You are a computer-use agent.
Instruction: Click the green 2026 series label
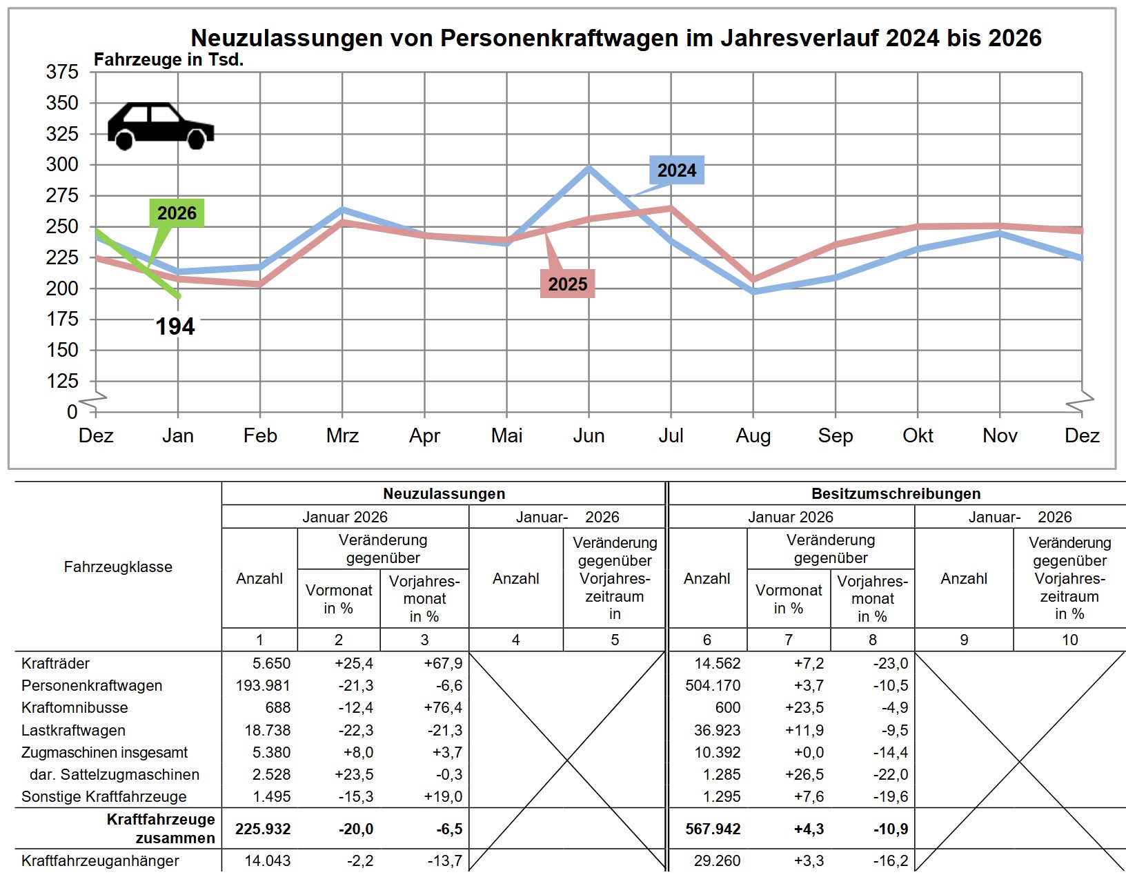177,213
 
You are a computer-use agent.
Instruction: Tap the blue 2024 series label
676,170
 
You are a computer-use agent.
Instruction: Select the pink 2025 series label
567,284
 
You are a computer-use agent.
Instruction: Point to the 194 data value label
175,326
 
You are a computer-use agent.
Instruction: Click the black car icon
161,126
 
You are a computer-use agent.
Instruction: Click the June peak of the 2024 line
589,168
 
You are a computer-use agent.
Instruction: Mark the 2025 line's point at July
671,208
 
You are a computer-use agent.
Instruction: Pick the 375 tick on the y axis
62,72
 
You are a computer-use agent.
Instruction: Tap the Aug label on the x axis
753,435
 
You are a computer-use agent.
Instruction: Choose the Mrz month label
342,435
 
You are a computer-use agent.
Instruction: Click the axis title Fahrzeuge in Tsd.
168,60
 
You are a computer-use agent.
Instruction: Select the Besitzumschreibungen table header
896,493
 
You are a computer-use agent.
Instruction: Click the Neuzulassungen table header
444,493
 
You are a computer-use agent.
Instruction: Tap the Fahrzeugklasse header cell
118,567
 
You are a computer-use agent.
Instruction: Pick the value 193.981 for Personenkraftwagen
263,685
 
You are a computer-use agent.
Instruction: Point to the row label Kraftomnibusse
75,707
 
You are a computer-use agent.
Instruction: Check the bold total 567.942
713,829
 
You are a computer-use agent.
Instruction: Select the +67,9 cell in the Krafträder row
443,663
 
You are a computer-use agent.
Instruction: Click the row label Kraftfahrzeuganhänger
100,860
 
